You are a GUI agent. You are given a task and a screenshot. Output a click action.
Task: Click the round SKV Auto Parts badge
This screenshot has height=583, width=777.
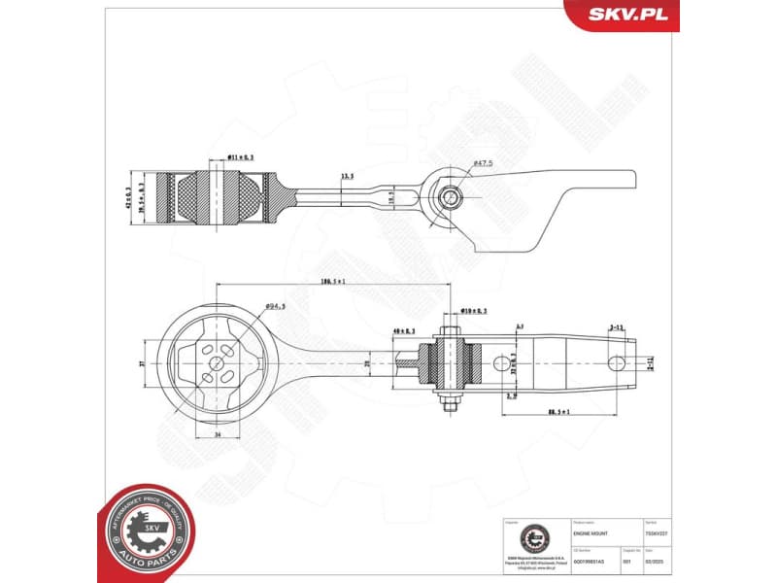[150, 530]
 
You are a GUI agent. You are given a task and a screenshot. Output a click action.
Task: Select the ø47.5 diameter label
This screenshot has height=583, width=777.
[484, 163]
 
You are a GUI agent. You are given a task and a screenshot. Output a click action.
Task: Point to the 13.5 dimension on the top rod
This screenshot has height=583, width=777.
[347, 177]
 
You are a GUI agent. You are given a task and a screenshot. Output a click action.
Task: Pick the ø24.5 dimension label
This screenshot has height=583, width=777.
[275, 308]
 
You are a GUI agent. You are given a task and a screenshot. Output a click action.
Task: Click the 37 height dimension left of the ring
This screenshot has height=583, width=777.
[142, 363]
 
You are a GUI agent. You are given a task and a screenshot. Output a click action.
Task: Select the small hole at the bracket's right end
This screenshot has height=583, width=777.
[614, 363]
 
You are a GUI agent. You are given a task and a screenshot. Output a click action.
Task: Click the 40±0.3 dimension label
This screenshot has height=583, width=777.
[402, 332]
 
